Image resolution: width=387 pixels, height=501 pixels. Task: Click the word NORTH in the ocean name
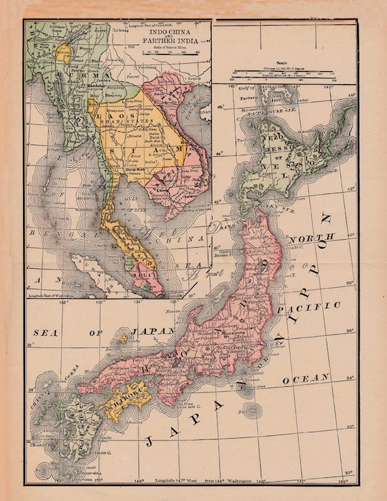coord(312,238)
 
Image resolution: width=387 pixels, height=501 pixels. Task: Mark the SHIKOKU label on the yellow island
coord(123,403)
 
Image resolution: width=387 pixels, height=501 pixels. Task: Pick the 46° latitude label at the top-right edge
coord(351,96)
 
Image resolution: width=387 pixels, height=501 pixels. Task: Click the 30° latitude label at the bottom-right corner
coord(349,472)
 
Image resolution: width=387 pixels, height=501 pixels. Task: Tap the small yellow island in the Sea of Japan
coord(123,337)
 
